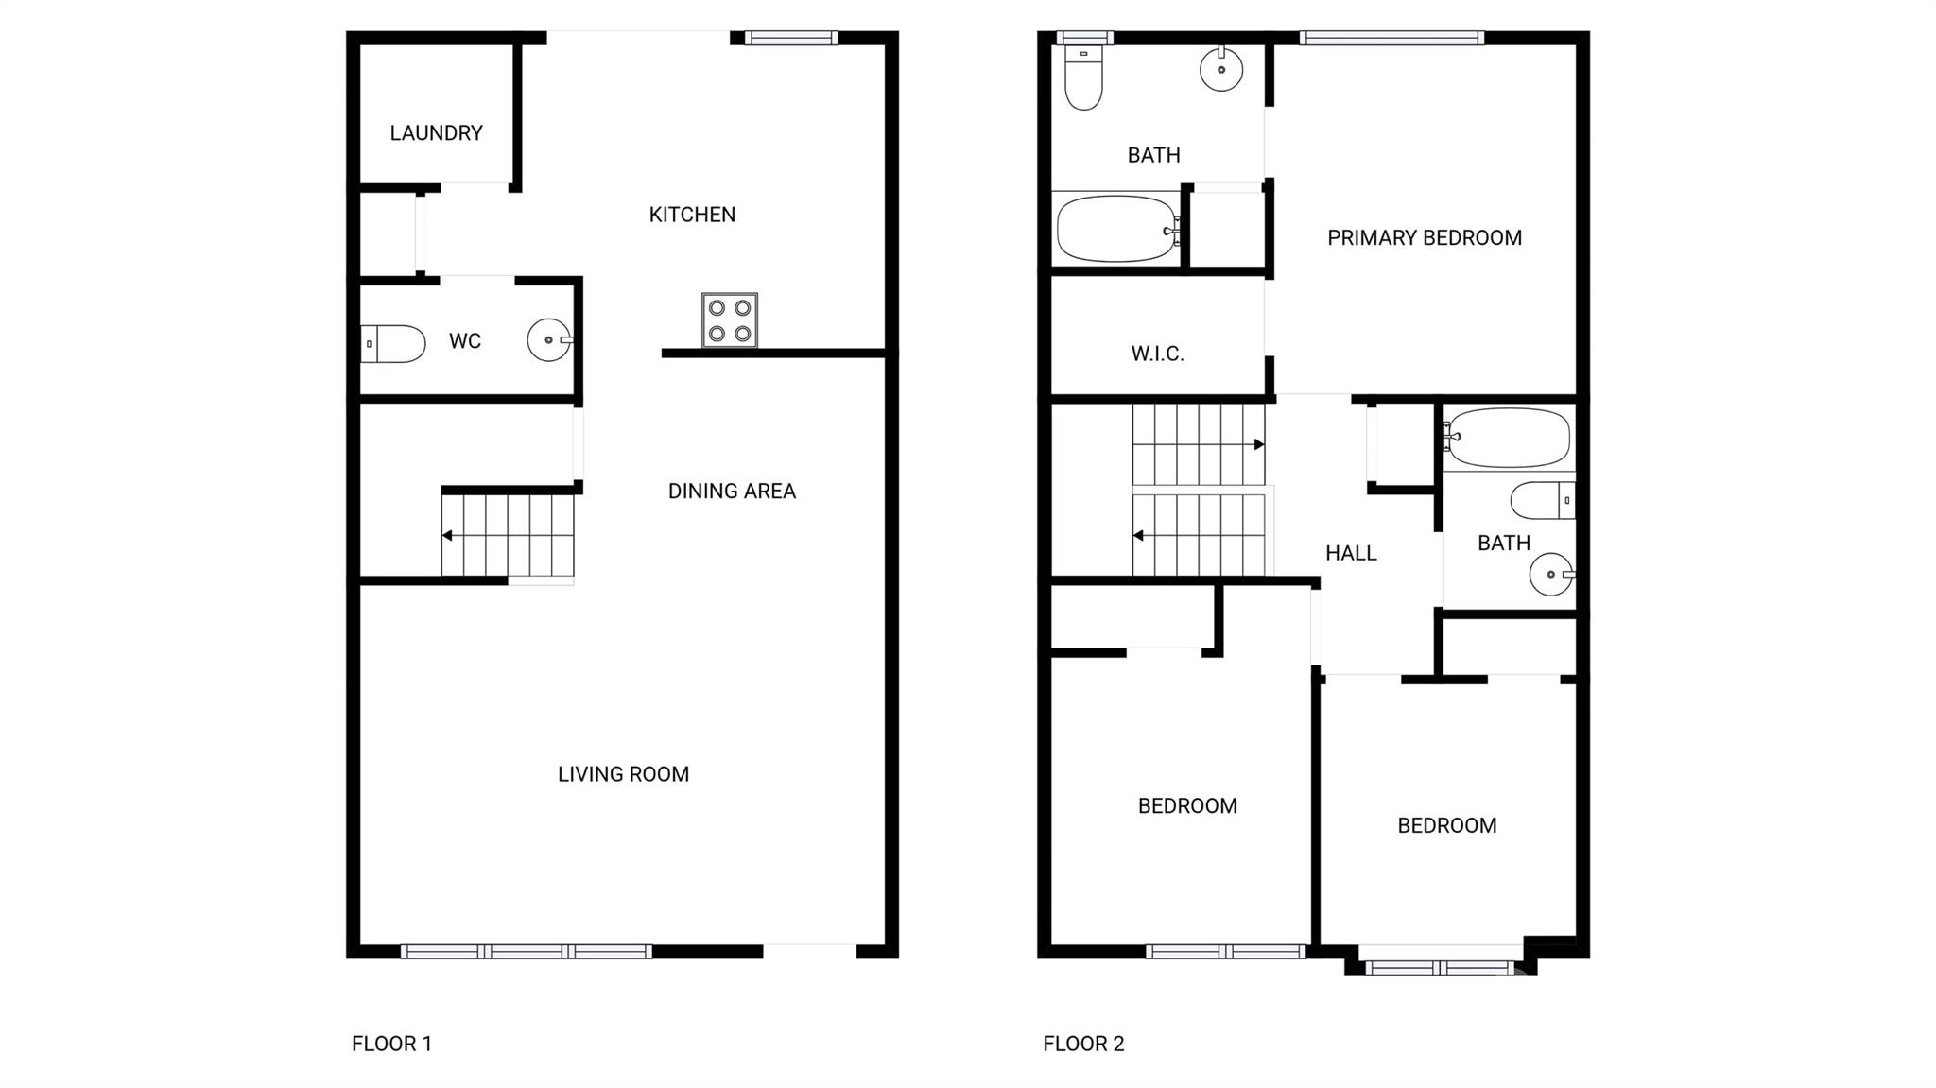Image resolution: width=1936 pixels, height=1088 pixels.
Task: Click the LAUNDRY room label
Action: click(436, 133)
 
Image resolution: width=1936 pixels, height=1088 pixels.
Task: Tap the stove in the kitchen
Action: click(730, 320)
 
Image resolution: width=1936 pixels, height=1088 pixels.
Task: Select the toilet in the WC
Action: click(393, 344)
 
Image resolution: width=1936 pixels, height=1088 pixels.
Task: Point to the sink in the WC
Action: click(549, 340)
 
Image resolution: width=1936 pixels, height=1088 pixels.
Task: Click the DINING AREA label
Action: click(732, 492)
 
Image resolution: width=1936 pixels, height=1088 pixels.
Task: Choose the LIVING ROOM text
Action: click(623, 774)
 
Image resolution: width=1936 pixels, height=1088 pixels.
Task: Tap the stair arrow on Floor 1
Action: click(447, 536)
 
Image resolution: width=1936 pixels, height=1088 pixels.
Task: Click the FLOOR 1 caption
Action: click(391, 1044)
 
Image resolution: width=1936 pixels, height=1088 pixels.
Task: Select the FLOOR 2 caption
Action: click(1083, 1044)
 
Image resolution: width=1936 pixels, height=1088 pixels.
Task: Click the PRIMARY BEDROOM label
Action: click(1424, 238)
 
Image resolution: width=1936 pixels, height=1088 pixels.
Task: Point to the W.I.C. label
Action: click(1157, 354)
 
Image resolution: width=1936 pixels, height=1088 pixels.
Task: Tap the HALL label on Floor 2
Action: click(1350, 554)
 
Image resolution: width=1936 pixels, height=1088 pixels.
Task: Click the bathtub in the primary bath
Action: click(1115, 230)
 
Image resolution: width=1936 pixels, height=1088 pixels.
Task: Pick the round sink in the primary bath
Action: click(1221, 69)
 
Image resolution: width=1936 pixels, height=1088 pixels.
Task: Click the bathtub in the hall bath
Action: click(1508, 438)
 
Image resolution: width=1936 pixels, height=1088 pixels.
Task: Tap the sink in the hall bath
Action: click(1551, 574)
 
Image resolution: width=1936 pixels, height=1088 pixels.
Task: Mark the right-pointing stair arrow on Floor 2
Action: click(1258, 444)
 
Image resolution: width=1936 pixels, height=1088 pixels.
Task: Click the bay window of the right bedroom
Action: click(1439, 967)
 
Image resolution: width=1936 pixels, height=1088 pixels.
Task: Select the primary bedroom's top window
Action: click(1391, 39)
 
